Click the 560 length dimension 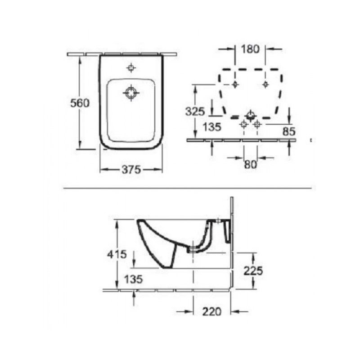coord(80,103)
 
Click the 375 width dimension coord(131,170)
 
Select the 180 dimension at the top coord(250,49)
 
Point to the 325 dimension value coord(195,112)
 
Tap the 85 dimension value coord(289,131)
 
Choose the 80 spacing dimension coord(251,164)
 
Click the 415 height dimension coord(117,254)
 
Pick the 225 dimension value coord(253,271)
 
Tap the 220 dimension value coord(212,311)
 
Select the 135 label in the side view coord(133,279)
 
